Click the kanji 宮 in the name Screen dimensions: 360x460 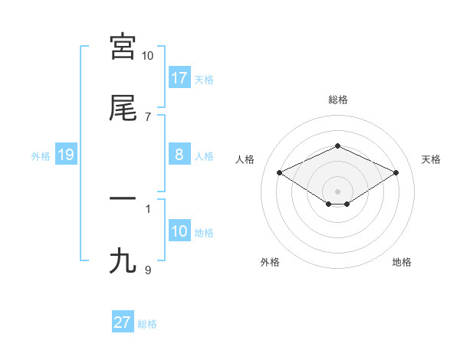coord(123,47)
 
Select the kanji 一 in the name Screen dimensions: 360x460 coord(123,199)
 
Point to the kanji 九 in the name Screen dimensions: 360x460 coord(123,261)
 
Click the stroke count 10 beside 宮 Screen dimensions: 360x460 coord(148,56)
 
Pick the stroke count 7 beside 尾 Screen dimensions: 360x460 coord(148,117)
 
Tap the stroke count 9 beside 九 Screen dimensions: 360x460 coord(148,270)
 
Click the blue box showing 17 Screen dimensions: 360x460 coord(179,77)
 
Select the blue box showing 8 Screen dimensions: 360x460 coord(179,155)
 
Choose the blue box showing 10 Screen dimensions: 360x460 coord(179,231)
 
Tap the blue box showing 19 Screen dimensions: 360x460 coord(66,155)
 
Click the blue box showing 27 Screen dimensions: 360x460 coord(123,322)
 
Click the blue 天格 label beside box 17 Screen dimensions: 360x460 coord(204,79)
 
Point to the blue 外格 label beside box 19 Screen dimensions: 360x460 coord(41,155)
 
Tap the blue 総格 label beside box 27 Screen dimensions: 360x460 coord(147,324)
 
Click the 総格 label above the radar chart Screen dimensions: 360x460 coord(338,100)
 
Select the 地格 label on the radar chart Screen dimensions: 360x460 coord(402,262)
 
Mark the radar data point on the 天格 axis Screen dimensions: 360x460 coord(396,172)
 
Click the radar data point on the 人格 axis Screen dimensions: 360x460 coord(280,172)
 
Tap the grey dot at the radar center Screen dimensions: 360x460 coord(338,191)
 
